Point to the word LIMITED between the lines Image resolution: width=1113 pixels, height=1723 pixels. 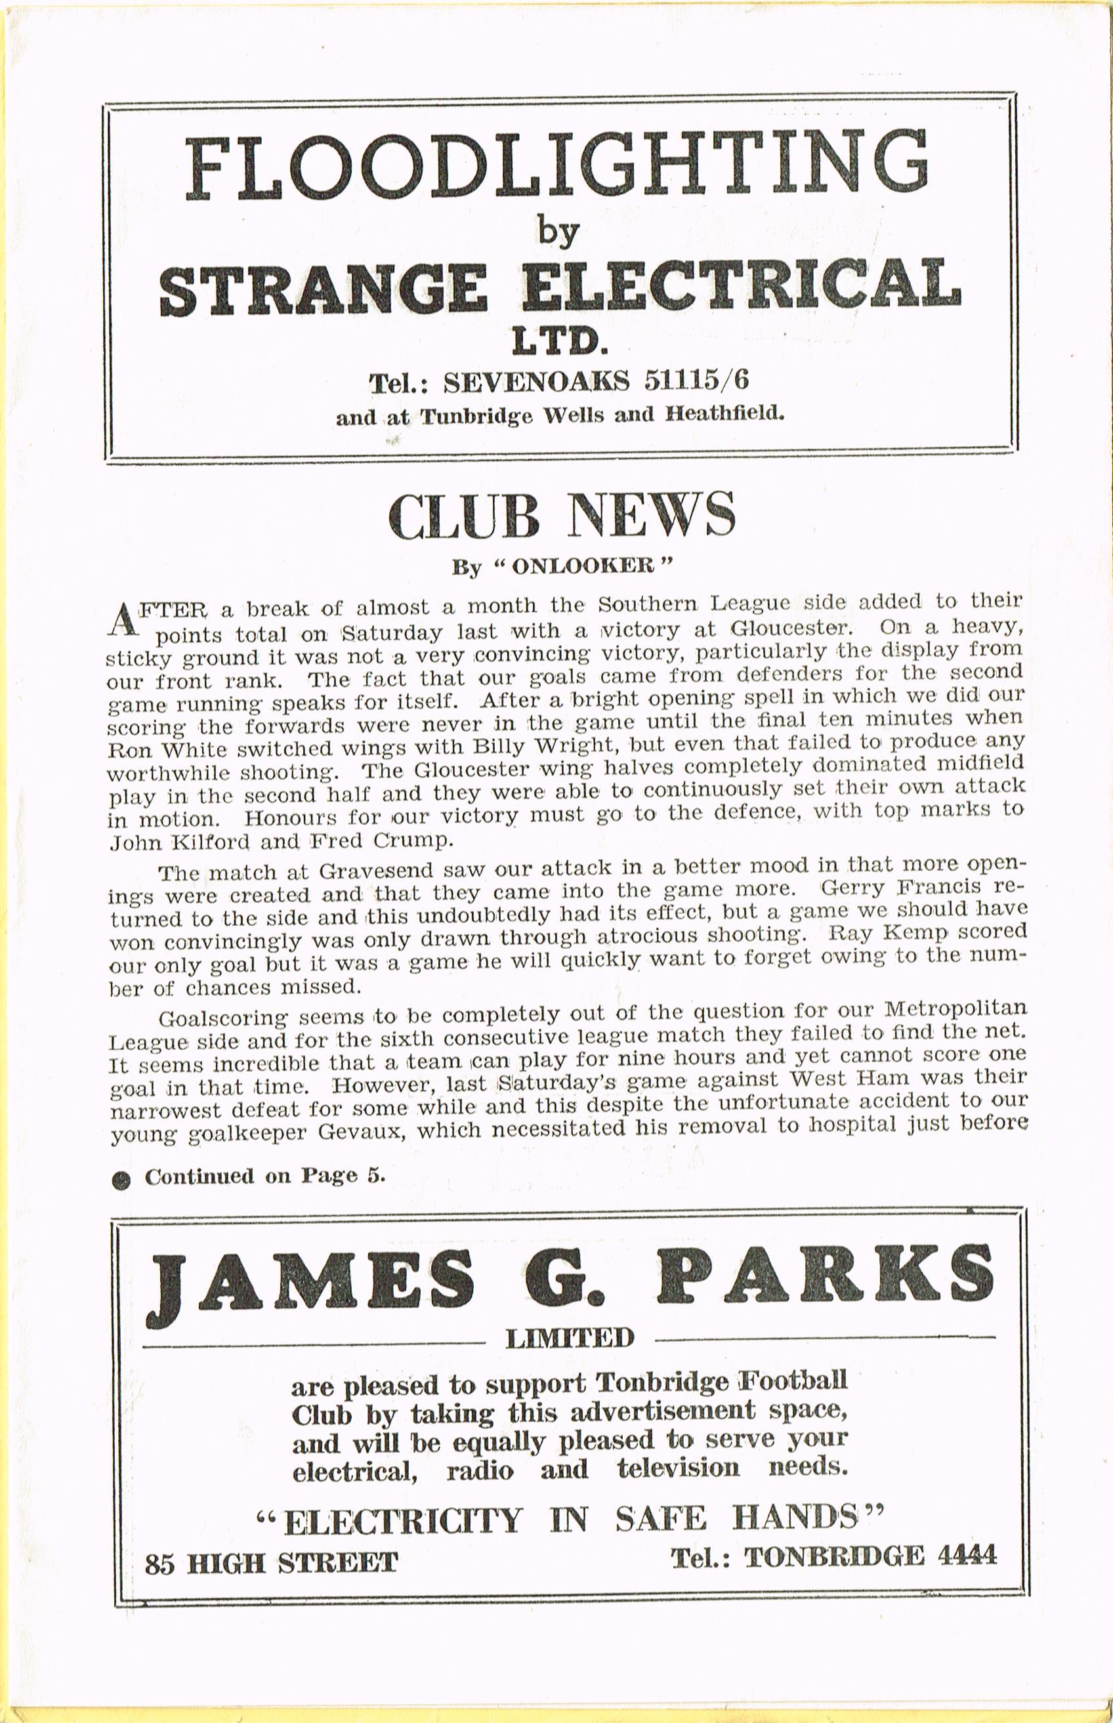click(x=570, y=1339)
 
